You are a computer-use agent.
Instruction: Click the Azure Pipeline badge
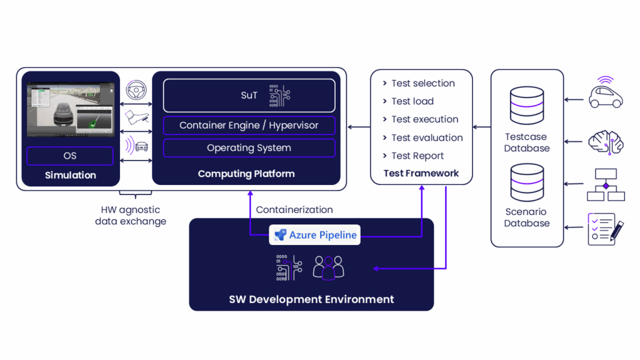pyautogui.click(x=315, y=235)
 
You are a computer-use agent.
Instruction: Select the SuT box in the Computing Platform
pyautogui.click(x=249, y=96)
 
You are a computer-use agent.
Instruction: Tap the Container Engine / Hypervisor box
pyautogui.click(x=249, y=125)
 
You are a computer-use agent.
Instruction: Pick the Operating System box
pyautogui.click(x=249, y=148)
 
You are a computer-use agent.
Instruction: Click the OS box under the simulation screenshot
pyautogui.click(x=70, y=156)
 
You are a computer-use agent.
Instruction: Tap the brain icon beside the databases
pyautogui.click(x=606, y=142)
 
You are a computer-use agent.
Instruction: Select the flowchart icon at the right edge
pyautogui.click(x=606, y=184)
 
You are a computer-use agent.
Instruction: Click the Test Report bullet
pyautogui.click(x=417, y=156)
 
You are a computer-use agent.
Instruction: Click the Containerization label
pyautogui.click(x=294, y=210)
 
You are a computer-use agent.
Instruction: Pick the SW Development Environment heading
pyautogui.click(x=311, y=299)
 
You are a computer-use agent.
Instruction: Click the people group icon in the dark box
pyautogui.click(x=328, y=267)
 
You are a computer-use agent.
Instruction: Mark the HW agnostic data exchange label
pyautogui.click(x=131, y=216)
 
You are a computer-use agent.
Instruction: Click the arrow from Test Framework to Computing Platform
pyautogui.click(x=359, y=127)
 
